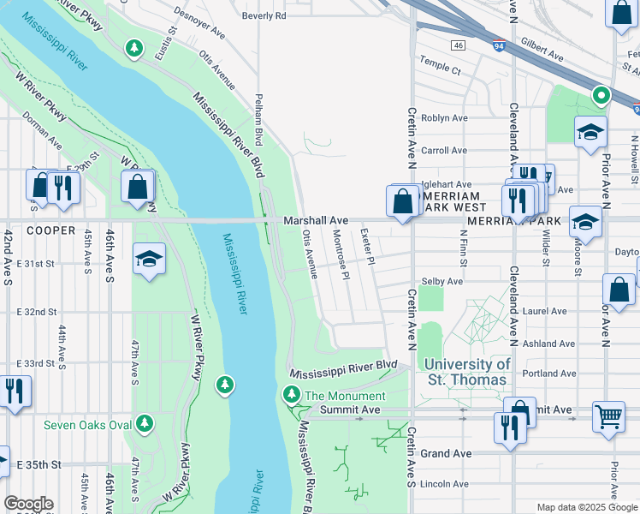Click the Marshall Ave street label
click(x=317, y=221)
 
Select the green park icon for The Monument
click(x=292, y=395)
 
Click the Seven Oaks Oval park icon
click(x=145, y=424)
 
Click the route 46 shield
click(x=459, y=45)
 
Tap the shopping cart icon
click(x=608, y=417)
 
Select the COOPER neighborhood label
click(x=50, y=231)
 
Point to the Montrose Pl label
click(x=340, y=254)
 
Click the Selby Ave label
click(x=441, y=281)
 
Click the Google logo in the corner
click(x=28, y=504)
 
